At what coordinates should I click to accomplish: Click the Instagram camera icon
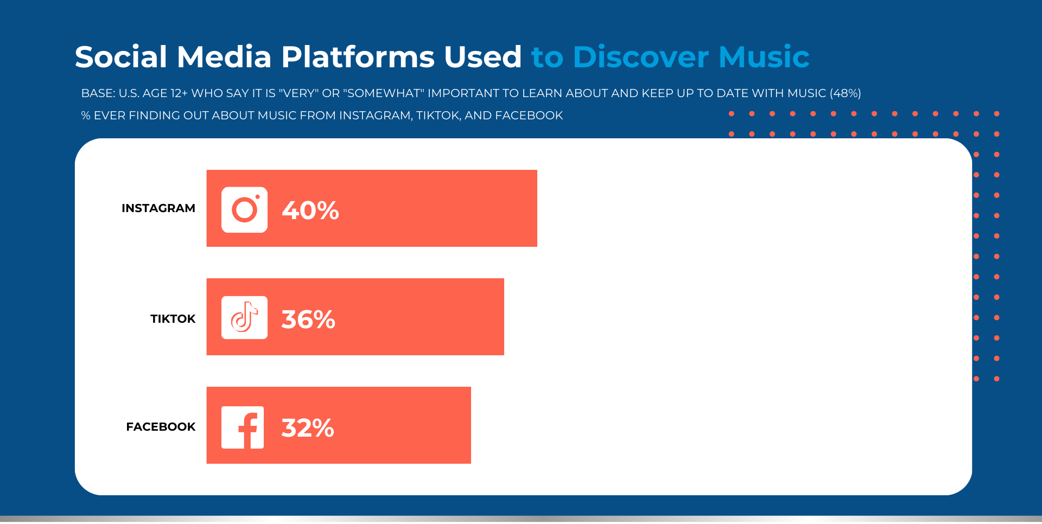244,210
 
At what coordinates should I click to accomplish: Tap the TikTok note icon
244,318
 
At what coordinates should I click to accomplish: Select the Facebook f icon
243,427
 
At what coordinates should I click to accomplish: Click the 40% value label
310,210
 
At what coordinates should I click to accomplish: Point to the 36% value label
308,319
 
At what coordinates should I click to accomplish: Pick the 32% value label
308,428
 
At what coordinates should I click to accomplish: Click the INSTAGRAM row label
158,208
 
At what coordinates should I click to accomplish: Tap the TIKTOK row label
173,319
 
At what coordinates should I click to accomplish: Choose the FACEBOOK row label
161,427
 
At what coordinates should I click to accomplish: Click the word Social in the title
121,57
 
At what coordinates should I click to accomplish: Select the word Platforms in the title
358,57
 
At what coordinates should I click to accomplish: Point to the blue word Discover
641,57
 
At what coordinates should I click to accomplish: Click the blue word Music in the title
764,57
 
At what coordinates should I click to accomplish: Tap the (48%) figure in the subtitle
846,93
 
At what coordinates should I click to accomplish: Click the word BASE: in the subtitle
98,93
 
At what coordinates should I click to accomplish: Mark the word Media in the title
224,57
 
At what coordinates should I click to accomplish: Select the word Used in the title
483,57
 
